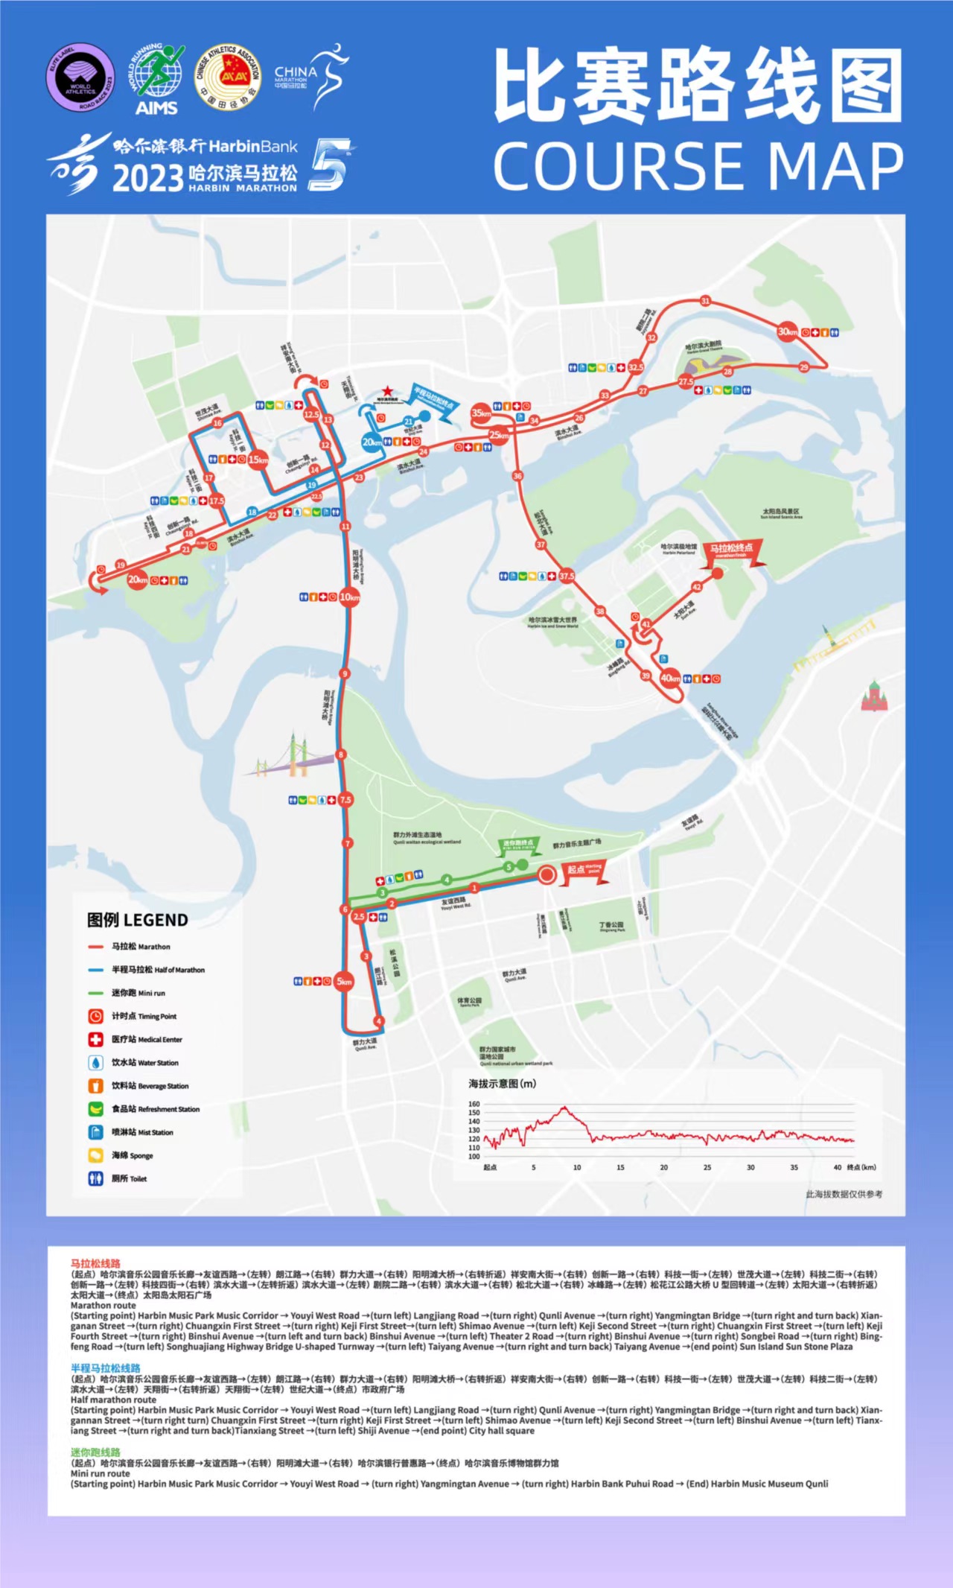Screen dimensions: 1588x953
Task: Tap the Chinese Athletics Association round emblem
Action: pyautogui.click(x=228, y=77)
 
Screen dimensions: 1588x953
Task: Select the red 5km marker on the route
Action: pyautogui.click(x=343, y=982)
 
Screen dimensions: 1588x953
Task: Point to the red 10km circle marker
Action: pyautogui.click(x=349, y=597)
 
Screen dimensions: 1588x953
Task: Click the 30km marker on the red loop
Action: pyautogui.click(x=787, y=331)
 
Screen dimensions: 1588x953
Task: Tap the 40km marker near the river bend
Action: pyautogui.click(x=670, y=678)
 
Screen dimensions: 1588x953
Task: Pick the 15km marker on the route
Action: pyautogui.click(x=258, y=460)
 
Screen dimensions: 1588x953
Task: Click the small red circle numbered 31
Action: pyautogui.click(x=705, y=301)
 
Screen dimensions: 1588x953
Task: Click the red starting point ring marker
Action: pyautogui.click(x=547, y=874)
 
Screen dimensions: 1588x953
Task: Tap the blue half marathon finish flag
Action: pyautogui.click(x=435, y=403)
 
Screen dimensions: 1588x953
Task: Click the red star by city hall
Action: pyautogui.click(x=387, y=391)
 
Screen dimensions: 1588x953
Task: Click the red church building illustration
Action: pyautogui.click(x=875, y=696)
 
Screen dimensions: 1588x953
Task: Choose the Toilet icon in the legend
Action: pyautogui.click(x=95, y=1178)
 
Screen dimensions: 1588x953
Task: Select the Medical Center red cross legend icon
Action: pyautogui.click(x=95, y=1039)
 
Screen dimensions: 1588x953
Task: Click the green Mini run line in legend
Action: pyautogui.click(x=95, y=993)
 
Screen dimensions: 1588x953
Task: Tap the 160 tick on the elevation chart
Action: pyautogui.click(x=474, y=1104)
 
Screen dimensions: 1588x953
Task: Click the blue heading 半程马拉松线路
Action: pyautogui.click(x=105, y=1368)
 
